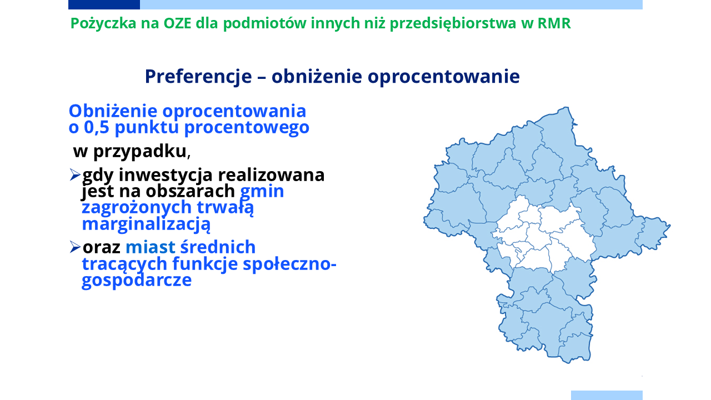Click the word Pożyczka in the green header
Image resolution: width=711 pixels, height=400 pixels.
103,24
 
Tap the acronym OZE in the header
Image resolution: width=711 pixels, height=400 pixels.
177,23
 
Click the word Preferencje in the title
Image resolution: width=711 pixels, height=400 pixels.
198,77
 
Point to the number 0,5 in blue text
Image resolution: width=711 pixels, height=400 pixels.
97,128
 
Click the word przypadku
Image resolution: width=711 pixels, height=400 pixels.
139,152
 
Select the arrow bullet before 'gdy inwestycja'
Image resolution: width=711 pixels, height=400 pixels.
75,175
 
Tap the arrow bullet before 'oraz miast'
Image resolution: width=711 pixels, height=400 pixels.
75,247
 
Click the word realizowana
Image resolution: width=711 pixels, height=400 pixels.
271,175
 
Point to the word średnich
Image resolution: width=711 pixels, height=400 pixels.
218,247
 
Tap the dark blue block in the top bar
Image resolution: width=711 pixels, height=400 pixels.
104,5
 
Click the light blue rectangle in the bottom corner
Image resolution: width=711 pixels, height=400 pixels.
607,395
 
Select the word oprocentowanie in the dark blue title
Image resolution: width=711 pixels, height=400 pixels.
444,77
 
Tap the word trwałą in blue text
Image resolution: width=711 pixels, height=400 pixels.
225,208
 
